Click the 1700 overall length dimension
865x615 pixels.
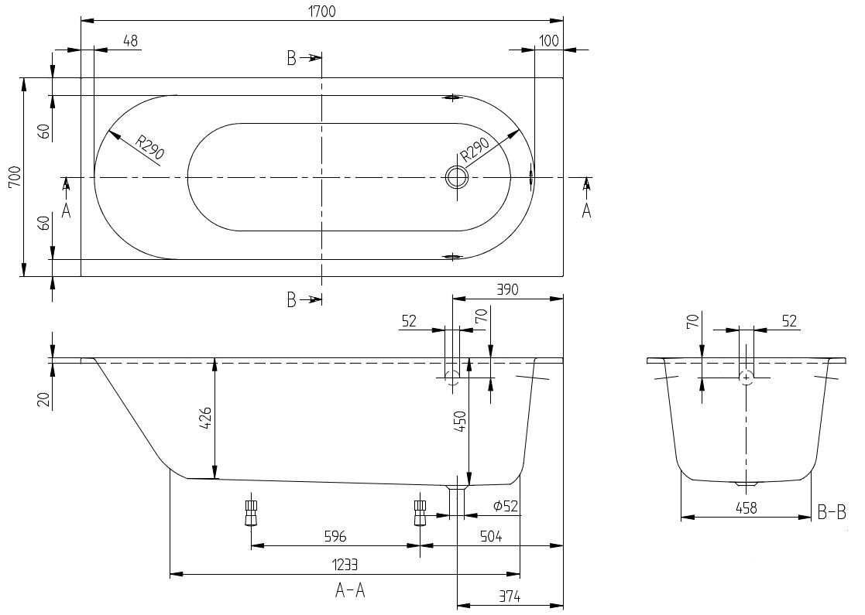click(321, 11)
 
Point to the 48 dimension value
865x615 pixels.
click(130, 41)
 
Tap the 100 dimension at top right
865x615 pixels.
click(550, 41)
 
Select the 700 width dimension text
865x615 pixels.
click(15, 176)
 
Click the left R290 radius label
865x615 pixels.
click(150, 146)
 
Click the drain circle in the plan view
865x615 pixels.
click(457, 177)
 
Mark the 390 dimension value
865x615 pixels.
click(508, 290)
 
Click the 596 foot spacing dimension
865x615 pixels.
click(335, 535)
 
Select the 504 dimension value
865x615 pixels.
click(491, 535)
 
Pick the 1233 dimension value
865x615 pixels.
click(345, 565)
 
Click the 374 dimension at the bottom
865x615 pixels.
click(510, 596)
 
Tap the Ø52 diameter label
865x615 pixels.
click(506, 506)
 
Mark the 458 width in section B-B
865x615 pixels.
click(746, 507)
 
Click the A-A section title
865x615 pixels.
click(350, 591)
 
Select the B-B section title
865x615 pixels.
click(832, 513)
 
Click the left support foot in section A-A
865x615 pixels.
click(252, 513)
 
